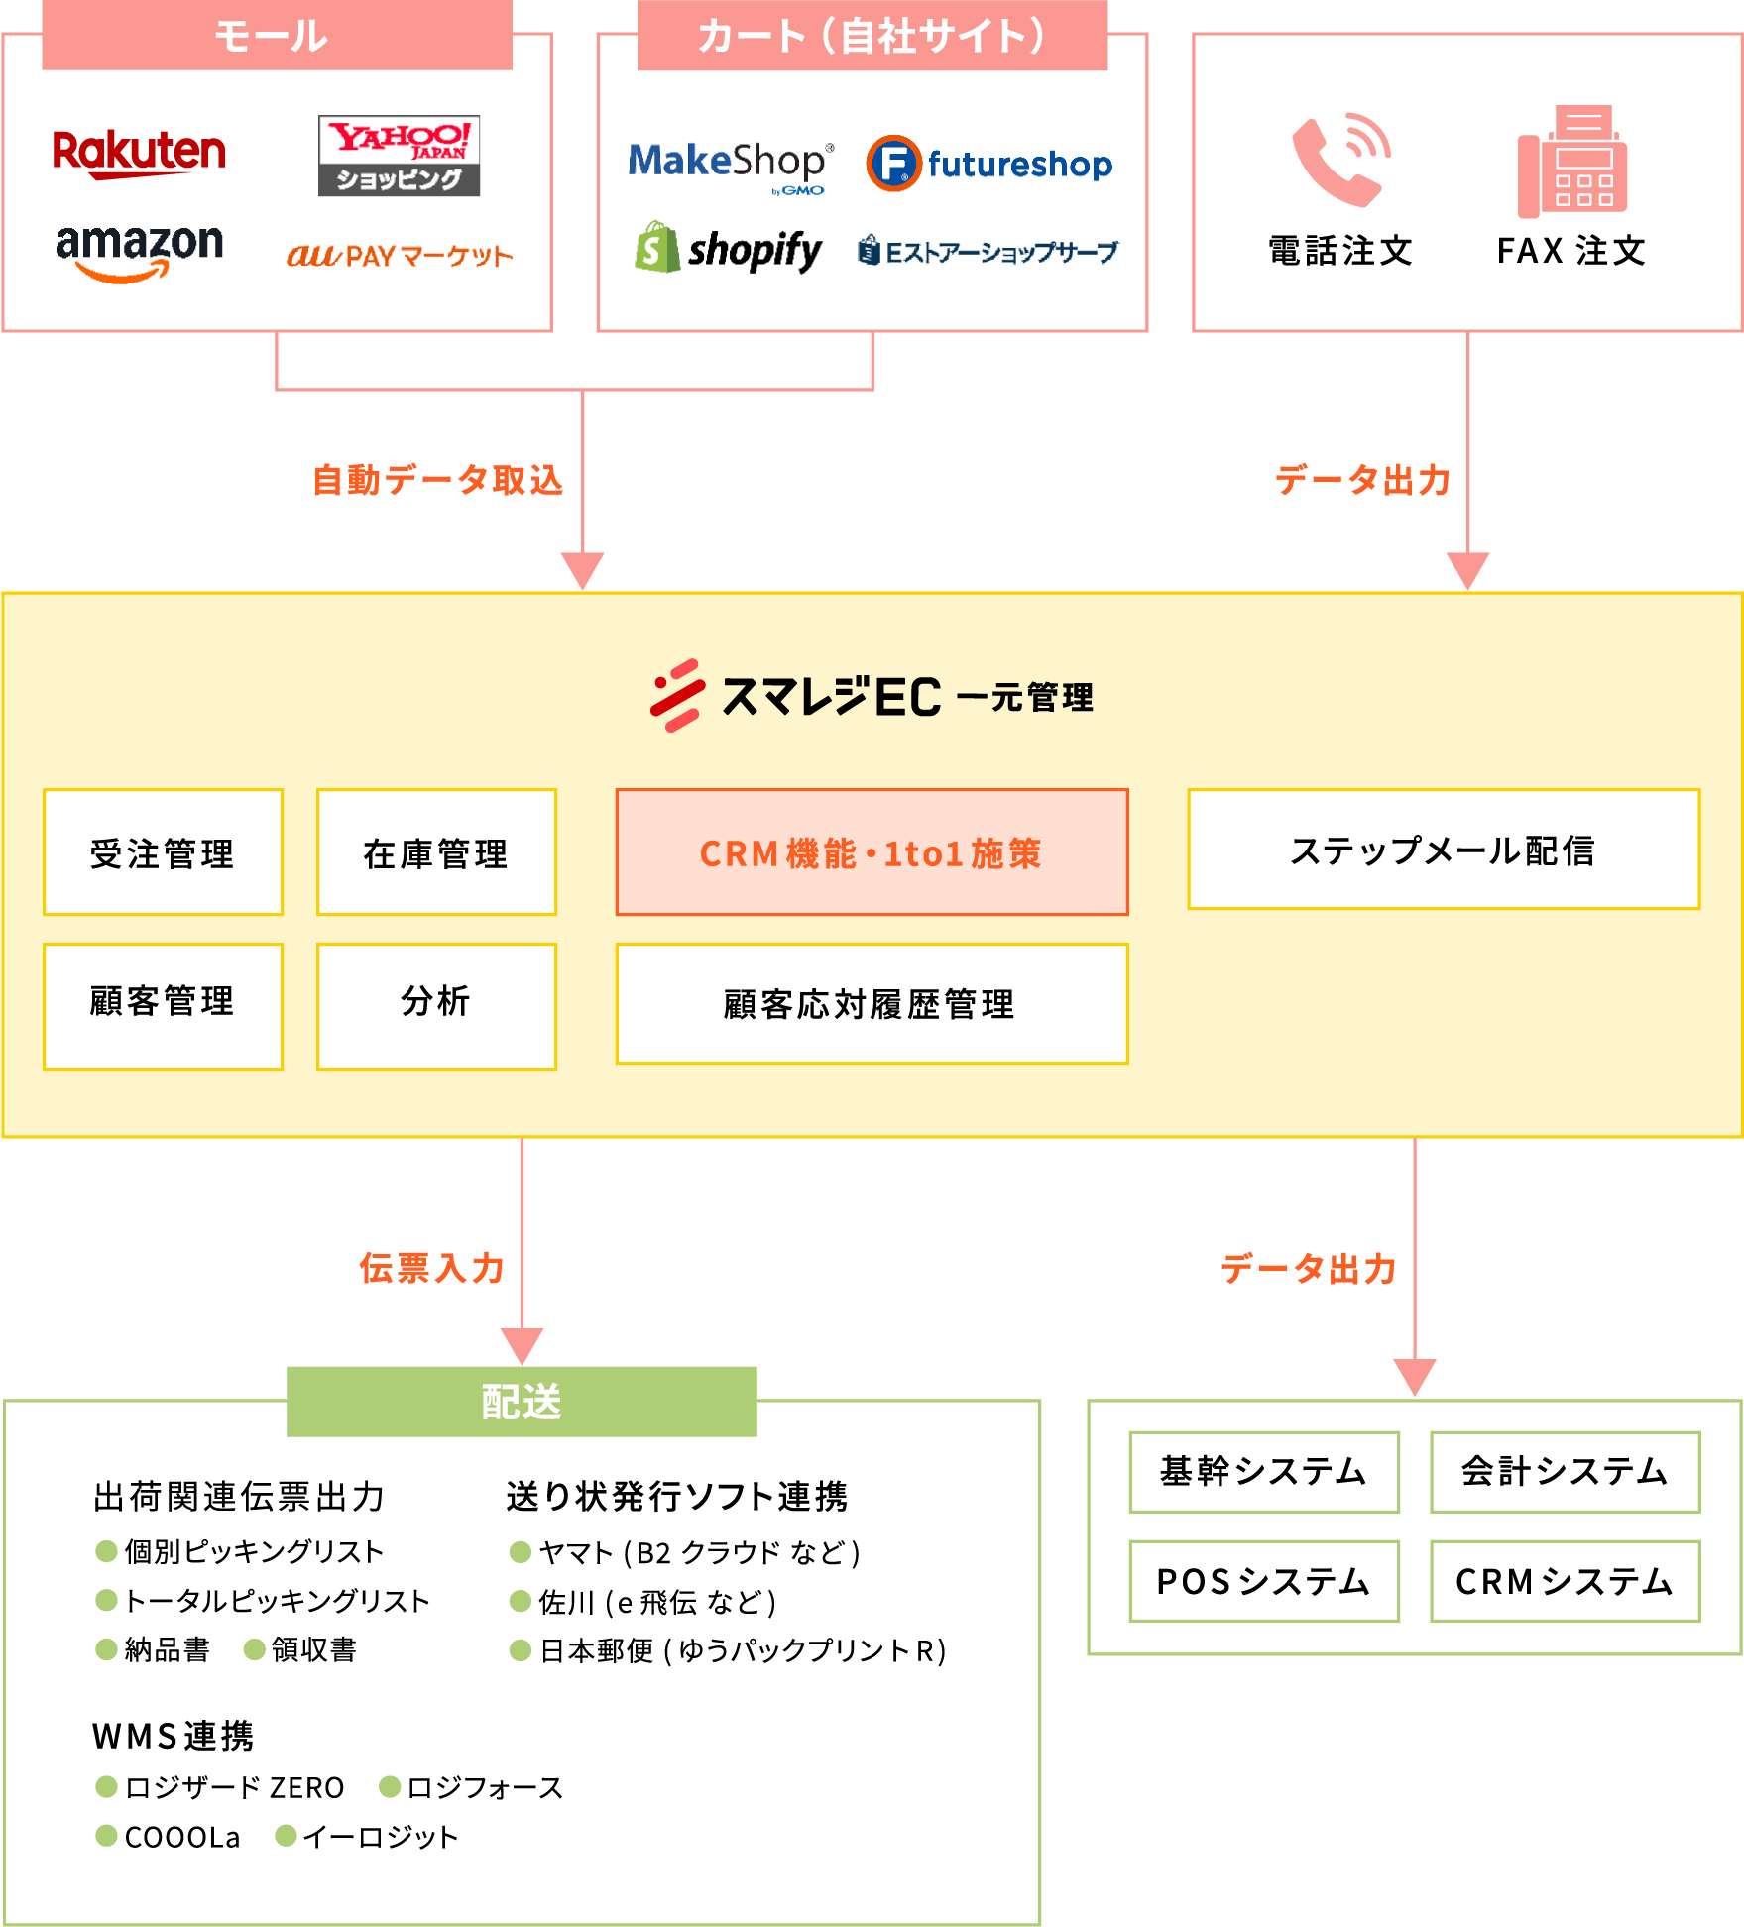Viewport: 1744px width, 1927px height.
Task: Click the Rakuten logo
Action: [139, 154]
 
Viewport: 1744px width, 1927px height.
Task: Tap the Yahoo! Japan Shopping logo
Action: [399, 156]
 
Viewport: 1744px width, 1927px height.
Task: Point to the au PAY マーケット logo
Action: [400, 256]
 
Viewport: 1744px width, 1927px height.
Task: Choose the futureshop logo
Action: [989, 164]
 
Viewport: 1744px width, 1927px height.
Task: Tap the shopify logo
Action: [729, 249]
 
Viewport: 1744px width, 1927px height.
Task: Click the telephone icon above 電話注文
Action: [1340, 161]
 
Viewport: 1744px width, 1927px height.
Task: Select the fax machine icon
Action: [1571, 162]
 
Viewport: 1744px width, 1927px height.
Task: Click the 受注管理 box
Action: [164, 852]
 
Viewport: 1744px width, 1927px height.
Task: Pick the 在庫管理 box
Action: [436, 852]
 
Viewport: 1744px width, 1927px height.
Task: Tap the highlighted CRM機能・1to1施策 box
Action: [872, 852]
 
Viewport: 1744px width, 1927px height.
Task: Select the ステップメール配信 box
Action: [1444, 850]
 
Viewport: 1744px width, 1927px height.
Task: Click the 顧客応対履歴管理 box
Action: [872, 1003]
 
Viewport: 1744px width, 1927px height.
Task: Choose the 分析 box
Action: [436, 1005]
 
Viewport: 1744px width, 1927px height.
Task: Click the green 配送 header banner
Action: [522, 1402]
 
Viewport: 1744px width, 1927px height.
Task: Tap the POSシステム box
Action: [1264, 1581]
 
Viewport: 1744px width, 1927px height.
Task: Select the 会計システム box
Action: [1565, 1472]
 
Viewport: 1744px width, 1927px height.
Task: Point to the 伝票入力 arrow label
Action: [432, 1268]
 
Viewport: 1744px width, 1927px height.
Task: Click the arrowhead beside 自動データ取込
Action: [582, 570]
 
